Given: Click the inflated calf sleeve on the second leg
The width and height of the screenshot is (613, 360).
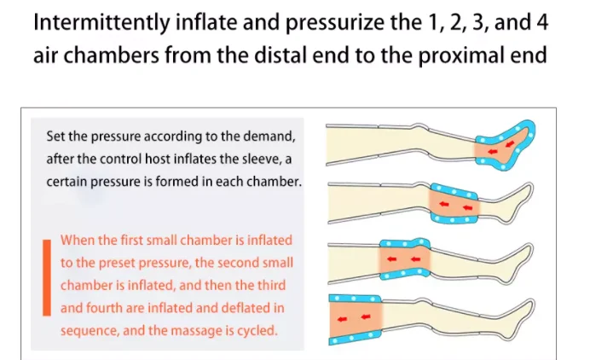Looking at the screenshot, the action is coord(453,203).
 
